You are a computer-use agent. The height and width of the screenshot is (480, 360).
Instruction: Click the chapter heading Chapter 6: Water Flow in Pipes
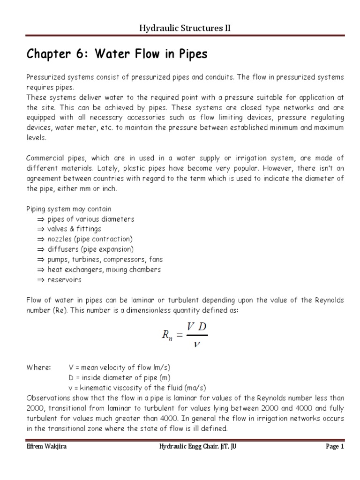(x=117, y=55)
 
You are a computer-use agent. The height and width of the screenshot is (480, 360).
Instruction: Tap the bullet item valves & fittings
(x=74, y=229)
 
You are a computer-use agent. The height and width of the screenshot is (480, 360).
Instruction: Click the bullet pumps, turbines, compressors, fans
(x=104, y=259)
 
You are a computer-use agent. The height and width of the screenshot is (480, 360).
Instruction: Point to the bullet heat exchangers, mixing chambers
(x=104, y=270)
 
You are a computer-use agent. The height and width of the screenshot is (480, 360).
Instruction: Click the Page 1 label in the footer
(x=335, y=447)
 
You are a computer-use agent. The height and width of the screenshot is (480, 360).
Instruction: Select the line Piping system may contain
(x=69, y=209)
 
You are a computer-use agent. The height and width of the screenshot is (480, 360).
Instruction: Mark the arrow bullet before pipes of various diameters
(x=40, y=219)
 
